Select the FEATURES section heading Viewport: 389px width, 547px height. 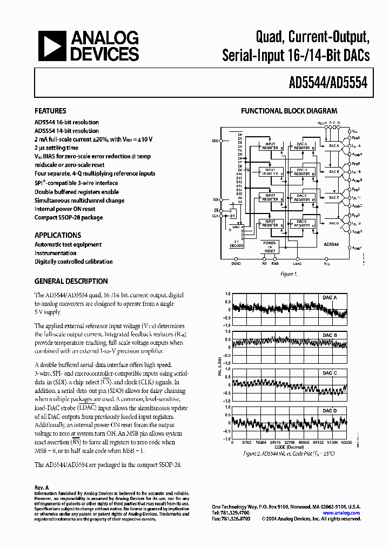click(x=50, y=111)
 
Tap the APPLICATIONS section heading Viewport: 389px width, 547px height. click(x=58, y=235)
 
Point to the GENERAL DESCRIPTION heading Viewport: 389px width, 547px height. click(x=71, y=281)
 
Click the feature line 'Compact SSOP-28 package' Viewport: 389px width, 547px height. click(x=69, y=217)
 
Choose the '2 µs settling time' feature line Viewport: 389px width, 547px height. click(x=56, y=148)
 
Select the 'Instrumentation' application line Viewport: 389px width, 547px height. click(x=55, y=253)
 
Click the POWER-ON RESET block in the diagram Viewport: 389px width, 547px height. click(x=270, y=247)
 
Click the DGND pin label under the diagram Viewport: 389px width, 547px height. click(x=236, y=264)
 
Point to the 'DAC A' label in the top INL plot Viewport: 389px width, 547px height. click(x=330, y=298)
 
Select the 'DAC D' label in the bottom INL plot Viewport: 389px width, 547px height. click(x=330, y=411)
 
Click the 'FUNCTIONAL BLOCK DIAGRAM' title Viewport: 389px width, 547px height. click(x=289, y=111)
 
